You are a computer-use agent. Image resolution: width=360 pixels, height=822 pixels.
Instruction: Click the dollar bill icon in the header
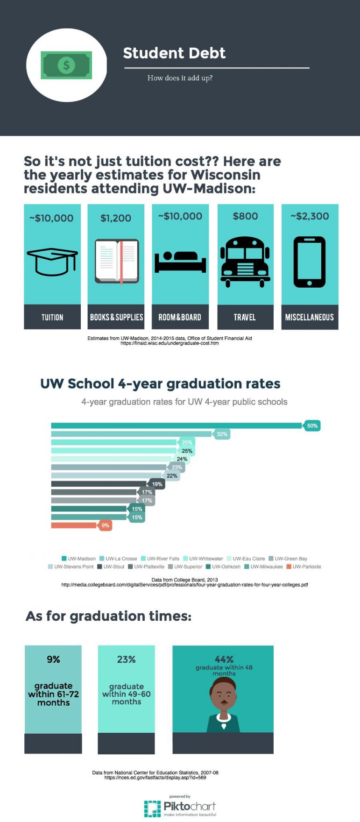[x=66, y=65]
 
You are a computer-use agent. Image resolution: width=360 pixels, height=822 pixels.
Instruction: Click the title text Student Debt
[x=174, y=53]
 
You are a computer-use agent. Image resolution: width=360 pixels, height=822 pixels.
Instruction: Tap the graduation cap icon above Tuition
[x=52, y=261]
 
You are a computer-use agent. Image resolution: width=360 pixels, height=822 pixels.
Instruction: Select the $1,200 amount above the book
[x=116, y=218]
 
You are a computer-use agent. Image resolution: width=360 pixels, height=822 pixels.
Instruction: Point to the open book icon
[x=117, y=262]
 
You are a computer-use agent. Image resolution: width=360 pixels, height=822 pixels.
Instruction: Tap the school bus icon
[x=245, y=261]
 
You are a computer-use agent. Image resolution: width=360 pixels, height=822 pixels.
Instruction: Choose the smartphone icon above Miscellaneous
[x=310, y=262]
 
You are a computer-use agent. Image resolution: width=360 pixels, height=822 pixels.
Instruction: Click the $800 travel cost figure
[x=245, y=216]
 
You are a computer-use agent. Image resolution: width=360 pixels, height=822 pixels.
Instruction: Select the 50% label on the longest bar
[x=312, y=425]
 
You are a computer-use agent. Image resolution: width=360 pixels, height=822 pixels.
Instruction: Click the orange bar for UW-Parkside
[x=74, y=525]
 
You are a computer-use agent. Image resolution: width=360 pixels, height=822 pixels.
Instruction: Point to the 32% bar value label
[x=222, y=434]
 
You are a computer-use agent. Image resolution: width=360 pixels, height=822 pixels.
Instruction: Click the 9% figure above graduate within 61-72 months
[x=53, y=659]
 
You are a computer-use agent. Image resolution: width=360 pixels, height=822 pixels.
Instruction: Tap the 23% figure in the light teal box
[x=126, y=659]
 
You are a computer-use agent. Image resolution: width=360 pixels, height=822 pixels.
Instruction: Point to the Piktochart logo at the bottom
[x=180, y=807]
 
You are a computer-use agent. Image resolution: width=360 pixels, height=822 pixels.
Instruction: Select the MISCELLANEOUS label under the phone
[x=310, y=318]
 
